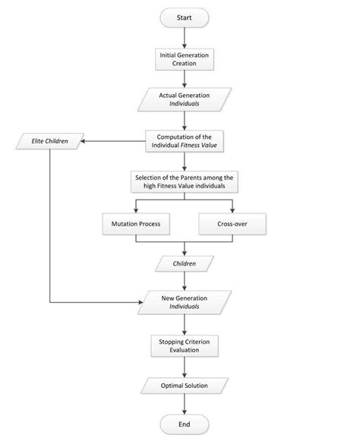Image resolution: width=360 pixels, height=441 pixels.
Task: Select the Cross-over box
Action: [231, 224]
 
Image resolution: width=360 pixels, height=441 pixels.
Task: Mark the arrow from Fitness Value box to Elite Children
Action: [114, 141]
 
